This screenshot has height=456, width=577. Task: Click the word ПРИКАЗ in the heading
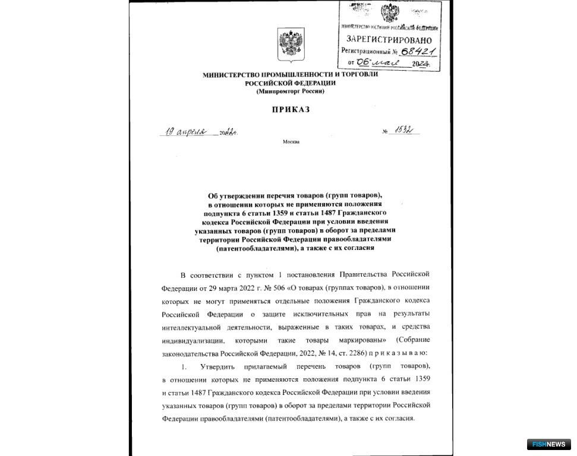(x=291, y=109)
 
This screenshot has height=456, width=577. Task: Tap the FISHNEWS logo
(x=548, y=444)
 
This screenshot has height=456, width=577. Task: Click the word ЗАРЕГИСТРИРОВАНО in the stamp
(x=389, y=39)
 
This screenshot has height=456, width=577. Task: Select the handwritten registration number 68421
(x=418, y=50)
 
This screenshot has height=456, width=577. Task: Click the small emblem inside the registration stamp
(x=390, y=12)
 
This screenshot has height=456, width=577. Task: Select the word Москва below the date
(x=291, y=142)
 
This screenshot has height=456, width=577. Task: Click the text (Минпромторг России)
(x=291, y=91)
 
